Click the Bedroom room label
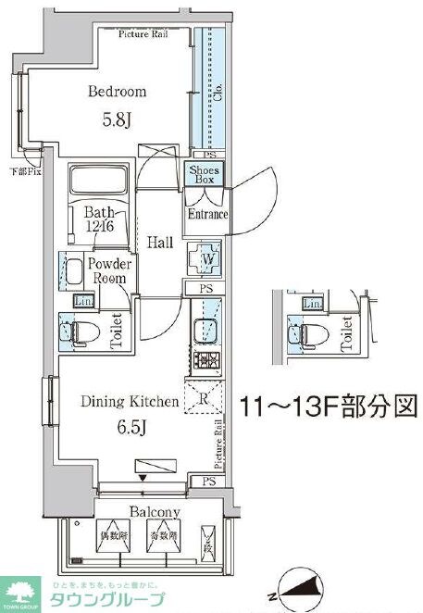click(x=118, y=92)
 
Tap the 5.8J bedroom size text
click(x=118, y=119)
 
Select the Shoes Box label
click(x=204, y=174)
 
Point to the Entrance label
click(x=207, y=215)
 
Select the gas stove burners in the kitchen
click(x=203, y=361)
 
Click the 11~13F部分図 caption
click(x=329, y=405)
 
